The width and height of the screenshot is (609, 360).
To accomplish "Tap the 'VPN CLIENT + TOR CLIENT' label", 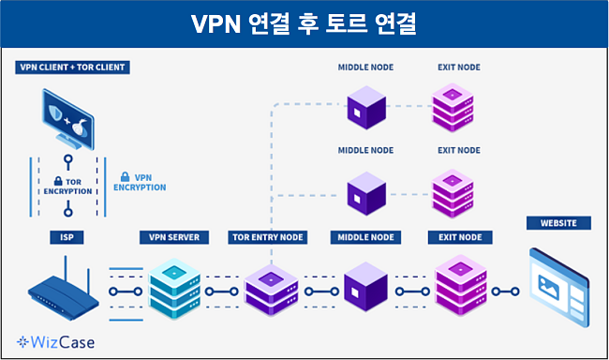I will coord(72,67).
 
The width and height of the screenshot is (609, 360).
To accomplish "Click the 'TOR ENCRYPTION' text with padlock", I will coord(68,185).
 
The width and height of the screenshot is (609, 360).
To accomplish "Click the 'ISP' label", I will coord(68,238).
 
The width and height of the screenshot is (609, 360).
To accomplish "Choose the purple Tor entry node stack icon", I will coord(270,289).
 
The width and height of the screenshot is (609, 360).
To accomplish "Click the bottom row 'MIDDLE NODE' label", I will coord(364,238).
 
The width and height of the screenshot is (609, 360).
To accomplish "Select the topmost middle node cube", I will coord(365,109).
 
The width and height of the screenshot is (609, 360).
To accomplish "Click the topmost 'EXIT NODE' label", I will coord(458,67).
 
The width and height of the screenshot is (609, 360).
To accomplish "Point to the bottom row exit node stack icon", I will coord(460,287).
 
